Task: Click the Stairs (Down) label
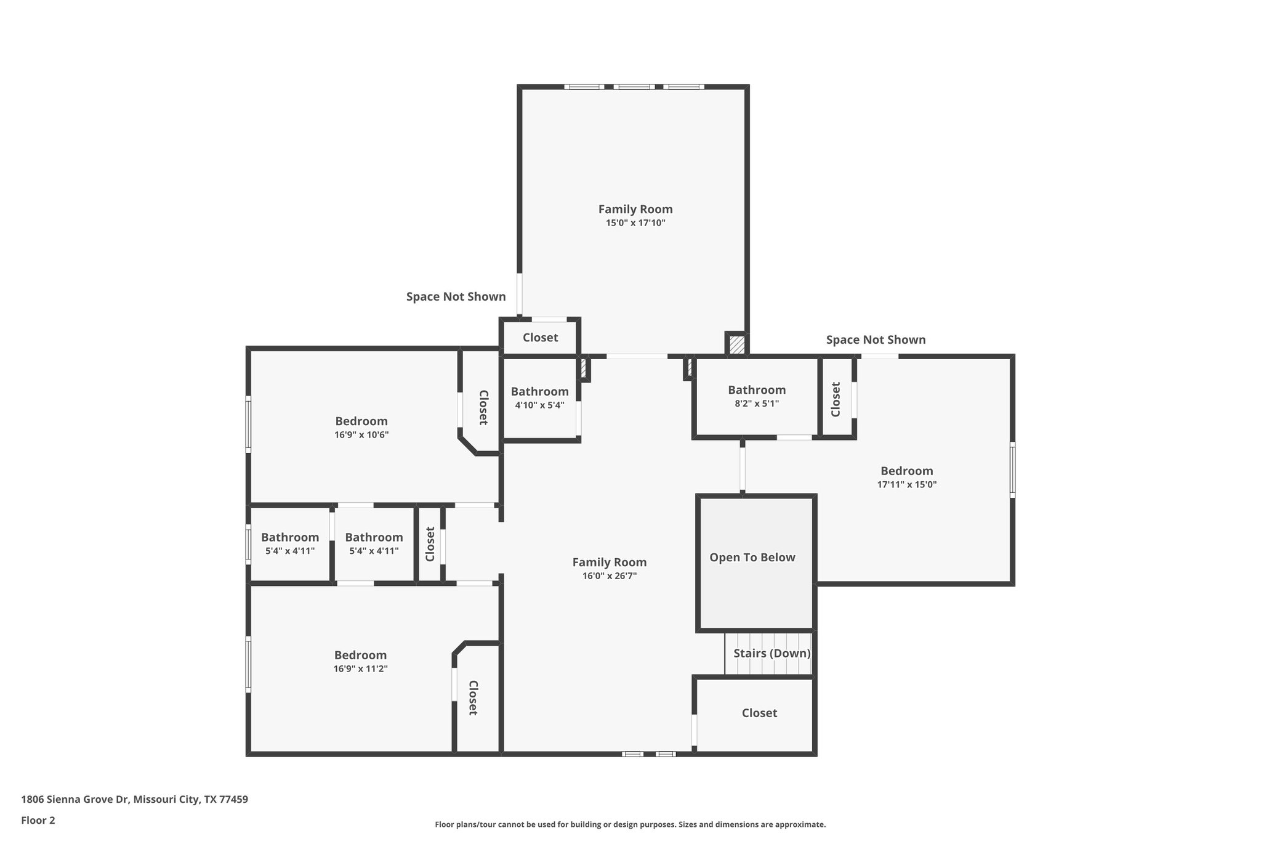pyautogui.click(x=772, y=653)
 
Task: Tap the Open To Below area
pyautogui.click(x=752, y=558)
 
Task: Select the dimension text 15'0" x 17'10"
pyautogui.click(x=635, y=223)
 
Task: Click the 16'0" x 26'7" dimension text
pyautogui.click(x=609, y=576)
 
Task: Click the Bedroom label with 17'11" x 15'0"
pyautogui.click(x=906, y=471)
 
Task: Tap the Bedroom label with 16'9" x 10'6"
pyautogui.click(x=361, y=421)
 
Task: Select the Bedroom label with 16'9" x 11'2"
pyautogui.click(x=360, y=655)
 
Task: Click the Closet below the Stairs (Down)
pyautogui.click(x=759, y=713)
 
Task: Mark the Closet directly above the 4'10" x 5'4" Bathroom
pyautogui.click(x=540, y=338)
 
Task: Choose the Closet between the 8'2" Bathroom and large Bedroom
pyautogui.click(x=836, y=399)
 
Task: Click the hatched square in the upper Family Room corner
pyautogui.click(x=736, y=344)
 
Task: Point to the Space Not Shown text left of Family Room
pyautogui.click(x=456, y=297)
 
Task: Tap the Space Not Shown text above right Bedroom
pyautogui.click(x=876, y=340)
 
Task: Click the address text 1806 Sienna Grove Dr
pyautogui.click(x=134, y=800)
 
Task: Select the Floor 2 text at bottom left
pyautogui.click(x=38, y=820)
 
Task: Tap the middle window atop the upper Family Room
pyautogui.click(x=634, y=87)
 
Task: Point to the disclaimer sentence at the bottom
pyautogui.click(x=630, y=824)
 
